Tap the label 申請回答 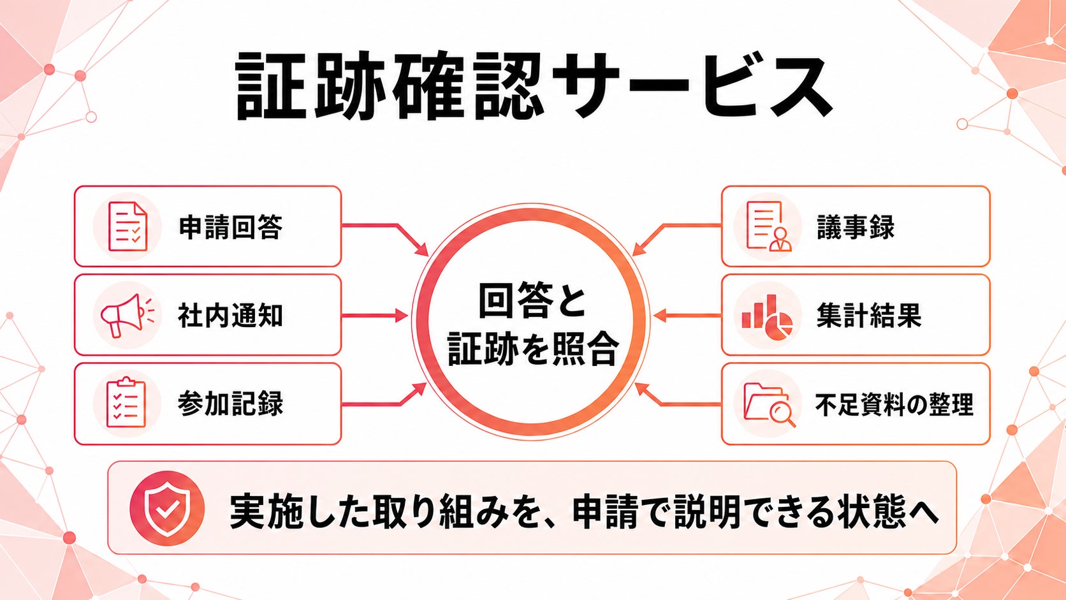[231, 227]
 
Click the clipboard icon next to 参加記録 [127, 402]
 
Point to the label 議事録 [856, 227]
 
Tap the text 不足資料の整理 [894, 405]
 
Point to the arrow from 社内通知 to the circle [374, 316]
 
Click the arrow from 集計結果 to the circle [688, 316]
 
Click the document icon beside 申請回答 [128, 226]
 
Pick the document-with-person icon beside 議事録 [768, 226]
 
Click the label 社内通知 [231, 316]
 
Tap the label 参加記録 [231, 404]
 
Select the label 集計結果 [869, 316]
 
